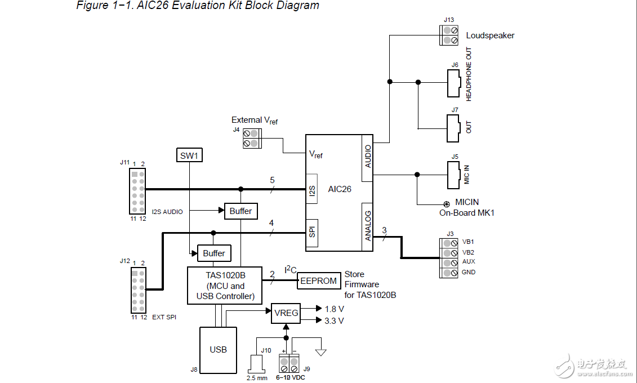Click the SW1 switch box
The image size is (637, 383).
189,155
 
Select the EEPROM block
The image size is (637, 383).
319,281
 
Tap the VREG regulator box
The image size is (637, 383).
286,313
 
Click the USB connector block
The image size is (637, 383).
218,349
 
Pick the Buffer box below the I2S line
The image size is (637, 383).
241,211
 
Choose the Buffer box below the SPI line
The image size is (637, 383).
214,253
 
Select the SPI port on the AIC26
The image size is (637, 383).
313,233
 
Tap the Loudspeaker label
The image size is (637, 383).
490,35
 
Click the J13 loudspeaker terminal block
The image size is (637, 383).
449,35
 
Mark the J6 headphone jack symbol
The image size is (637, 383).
453,82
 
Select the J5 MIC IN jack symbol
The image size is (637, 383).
453,175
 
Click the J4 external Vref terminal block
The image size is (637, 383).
251,139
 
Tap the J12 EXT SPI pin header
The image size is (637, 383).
138,290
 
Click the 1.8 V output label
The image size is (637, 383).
334,309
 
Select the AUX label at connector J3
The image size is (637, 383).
468,262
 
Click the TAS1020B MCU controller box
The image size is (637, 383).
225,286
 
